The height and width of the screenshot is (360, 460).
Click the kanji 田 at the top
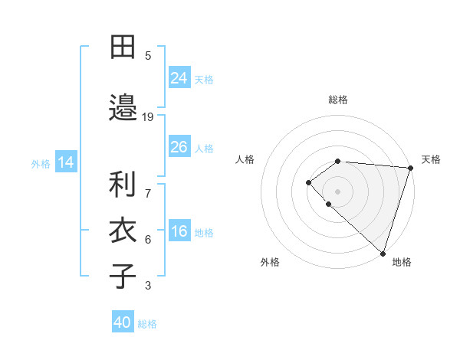pos(123,47)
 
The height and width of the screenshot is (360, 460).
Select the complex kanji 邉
pos(123,106)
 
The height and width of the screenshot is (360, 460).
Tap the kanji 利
pos(123,185)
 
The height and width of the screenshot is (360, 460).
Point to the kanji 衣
pos(123,231)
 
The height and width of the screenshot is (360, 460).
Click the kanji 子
pos(123,276)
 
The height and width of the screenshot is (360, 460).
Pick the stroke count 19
pos(148,116)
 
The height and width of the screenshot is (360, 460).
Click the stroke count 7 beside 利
pos(148,185)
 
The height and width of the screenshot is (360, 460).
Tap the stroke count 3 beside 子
pos(148,286)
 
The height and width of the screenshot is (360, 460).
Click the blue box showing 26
pos(179,146)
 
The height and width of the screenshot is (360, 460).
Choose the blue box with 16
pos(179,231)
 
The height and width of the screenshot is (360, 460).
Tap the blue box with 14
pos(65,162)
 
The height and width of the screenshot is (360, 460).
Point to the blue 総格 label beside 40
pos(147,324)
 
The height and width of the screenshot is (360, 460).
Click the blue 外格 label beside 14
pos(41,163)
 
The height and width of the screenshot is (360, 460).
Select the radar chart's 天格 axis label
pos(431,159)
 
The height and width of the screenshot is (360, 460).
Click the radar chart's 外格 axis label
pos(270,262)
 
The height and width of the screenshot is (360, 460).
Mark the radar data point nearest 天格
pos(410,168)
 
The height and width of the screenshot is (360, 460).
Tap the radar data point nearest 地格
pos(383,253)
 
